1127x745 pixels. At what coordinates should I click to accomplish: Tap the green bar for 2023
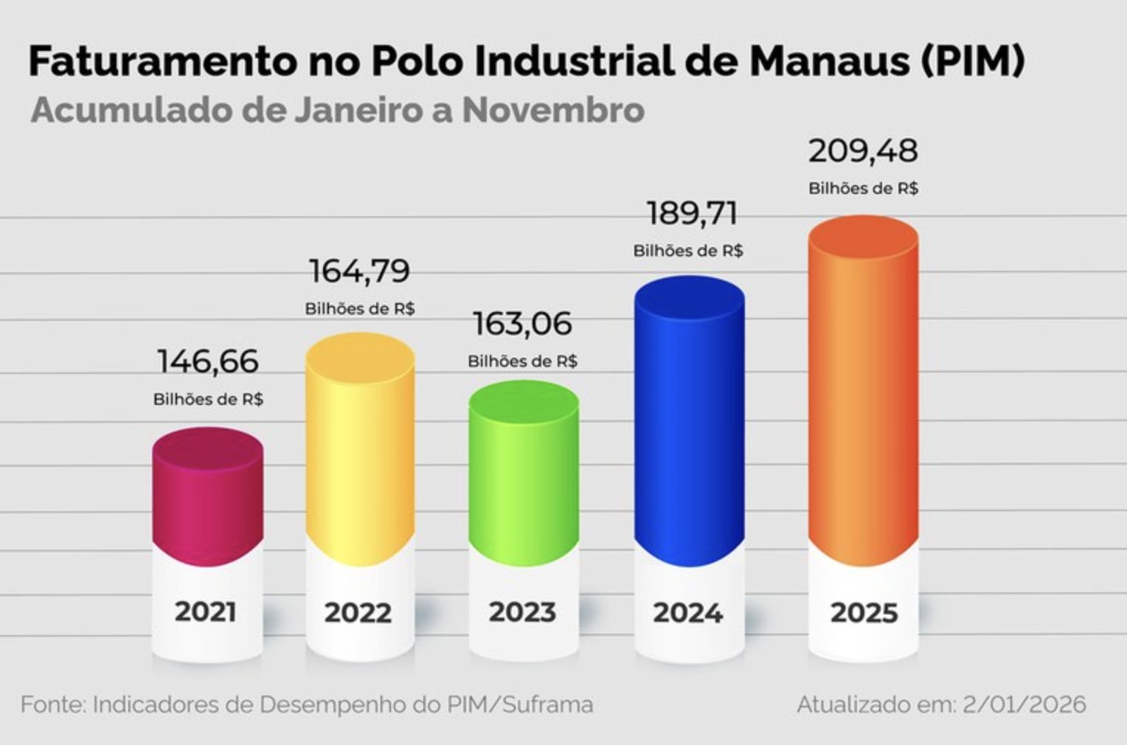pyautogui.click(x=524, y=472)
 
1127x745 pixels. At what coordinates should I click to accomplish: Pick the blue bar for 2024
pyautogui.click(x=690, y=420)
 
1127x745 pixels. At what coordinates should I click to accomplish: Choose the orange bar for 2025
pyautogui.click(x=863, y=391)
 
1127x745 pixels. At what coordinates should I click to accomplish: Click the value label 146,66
pyautogui.click(x=208, y=361)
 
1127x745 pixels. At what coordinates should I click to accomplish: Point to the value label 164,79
pyautogui.click(x=360, y=271)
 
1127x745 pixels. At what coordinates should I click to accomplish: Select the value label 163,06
pyautogui.click(x=522, y=324)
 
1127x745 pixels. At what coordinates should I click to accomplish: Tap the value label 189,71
pyautogui.click(x=692, y=214)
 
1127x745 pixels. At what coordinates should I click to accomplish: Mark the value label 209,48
pyautogui.click(x=863, y=151)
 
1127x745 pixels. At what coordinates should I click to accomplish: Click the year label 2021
pyautogui.click(x=206, y=612)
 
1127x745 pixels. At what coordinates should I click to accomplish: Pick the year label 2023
pyautogui.click(x=522, y=612)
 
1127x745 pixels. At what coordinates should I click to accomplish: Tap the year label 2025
pyautogui.click(x=864, y=612)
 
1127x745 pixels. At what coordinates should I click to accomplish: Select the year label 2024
pyautogui.click(x=688, y=612)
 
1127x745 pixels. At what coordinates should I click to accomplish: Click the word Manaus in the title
pyautogui.click(x=829, y=62)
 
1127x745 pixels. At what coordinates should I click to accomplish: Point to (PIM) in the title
pyautogui.click(x=973, y=62)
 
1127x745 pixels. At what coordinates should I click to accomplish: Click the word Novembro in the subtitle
pyautogui.click(x=553, y=111)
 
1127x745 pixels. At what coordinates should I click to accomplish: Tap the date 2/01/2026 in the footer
pyautogui.click(x=1024, y=704)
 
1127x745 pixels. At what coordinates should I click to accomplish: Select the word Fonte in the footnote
pyautogui.click(x=52, y=704)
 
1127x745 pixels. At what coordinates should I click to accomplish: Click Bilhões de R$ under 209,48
pyautogui.click(x=863, y=189)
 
